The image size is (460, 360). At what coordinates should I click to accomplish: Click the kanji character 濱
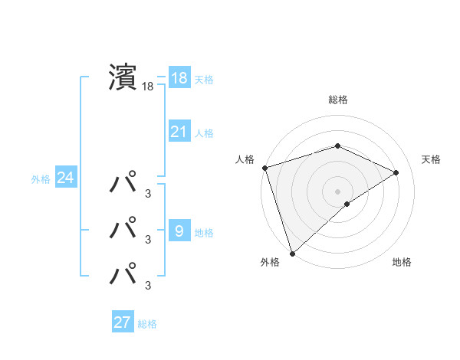(x=122, y=78)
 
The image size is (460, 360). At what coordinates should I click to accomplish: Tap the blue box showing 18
(x=179, y=78)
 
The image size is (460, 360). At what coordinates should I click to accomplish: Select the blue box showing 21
(x=179, y=132)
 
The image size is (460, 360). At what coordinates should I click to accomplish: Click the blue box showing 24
(x=65, y=178)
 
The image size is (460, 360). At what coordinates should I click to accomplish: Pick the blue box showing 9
(x=179, y=231)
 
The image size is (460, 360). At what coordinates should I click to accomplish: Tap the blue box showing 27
(x=123, y=322)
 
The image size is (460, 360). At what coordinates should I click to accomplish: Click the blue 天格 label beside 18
(x=204, y=80)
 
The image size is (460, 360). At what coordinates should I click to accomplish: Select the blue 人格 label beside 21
(x=204, y=133)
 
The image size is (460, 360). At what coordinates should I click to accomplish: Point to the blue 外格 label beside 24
(x=41, y=180)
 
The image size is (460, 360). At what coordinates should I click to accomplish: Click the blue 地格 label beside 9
(x=204, y=233)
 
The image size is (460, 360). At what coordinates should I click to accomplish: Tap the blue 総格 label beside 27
(x=147, y=324)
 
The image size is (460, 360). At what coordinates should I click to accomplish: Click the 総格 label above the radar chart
(x=337, y=100)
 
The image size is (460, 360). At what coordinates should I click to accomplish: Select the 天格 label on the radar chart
(x=431, y=159)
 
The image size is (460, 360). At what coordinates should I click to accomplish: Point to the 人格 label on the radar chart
(x=245, y=159)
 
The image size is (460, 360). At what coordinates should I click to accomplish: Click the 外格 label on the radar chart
(x=270, y=263)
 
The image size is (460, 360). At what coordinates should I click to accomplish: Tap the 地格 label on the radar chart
(x=402, y=263)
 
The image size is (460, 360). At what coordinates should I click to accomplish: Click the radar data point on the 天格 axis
(x=396, y=172)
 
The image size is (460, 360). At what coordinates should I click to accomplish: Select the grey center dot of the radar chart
(x=337, y=191)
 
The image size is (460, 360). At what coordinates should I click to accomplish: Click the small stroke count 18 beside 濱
(x=148, y=87)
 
